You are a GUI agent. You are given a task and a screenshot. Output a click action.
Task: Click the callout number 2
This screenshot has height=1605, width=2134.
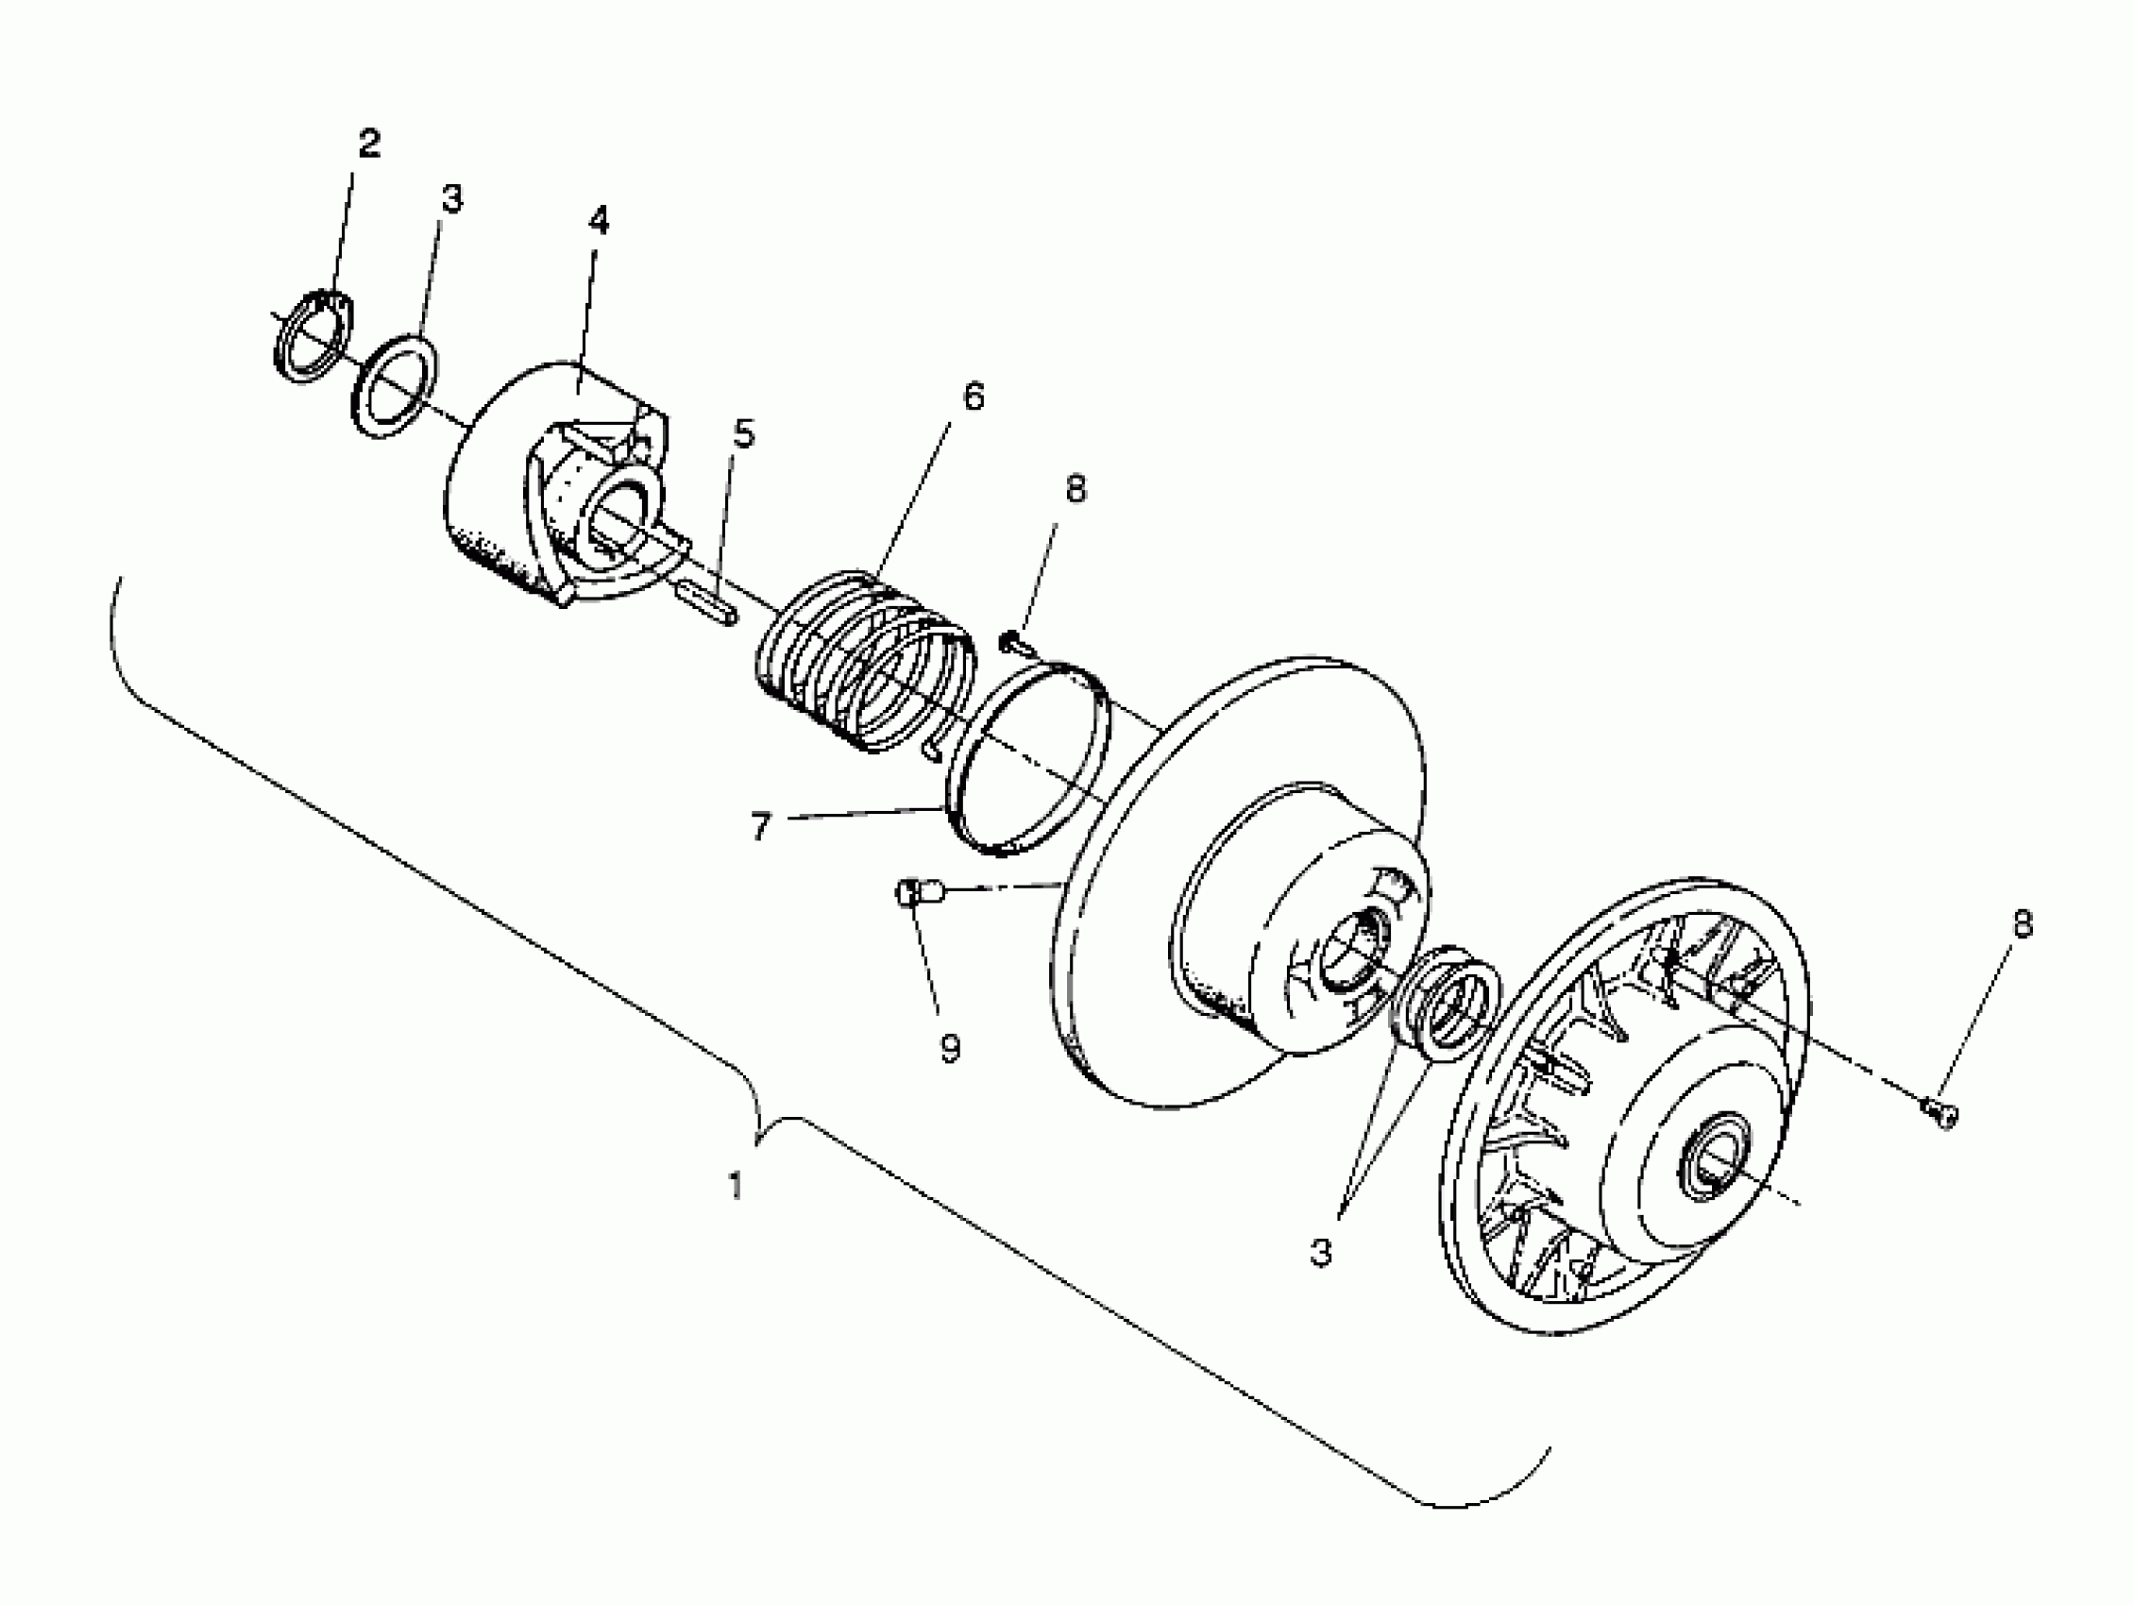[x=368, y=144]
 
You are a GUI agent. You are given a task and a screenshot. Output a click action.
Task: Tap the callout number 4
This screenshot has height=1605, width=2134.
[x=598, y=222]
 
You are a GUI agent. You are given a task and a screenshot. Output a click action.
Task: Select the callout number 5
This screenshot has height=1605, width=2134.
[x=743, y=434]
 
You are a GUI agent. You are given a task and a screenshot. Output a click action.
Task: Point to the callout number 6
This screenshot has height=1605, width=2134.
[x=973, y=397]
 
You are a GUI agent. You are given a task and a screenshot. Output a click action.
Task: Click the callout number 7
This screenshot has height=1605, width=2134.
[x=760, y=827]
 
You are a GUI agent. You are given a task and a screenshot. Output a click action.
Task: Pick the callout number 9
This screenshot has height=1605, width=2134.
[x=950, y=1047]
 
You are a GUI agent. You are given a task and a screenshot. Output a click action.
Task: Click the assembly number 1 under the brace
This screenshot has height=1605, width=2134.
[x=737, y=1186]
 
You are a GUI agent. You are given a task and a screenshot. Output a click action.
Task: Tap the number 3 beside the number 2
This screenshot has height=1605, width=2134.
[x=451, y=199]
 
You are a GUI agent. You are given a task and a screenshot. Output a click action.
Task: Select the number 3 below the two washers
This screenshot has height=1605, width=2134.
[x=1321, y=1253]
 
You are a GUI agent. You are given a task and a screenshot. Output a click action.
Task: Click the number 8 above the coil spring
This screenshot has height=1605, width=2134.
[x=1075, y=489]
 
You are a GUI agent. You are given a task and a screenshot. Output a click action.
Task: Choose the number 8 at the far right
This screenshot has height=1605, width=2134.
[x=2022, y=924]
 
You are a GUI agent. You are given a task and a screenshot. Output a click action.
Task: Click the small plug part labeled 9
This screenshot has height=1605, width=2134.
[x=919, y=892]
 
